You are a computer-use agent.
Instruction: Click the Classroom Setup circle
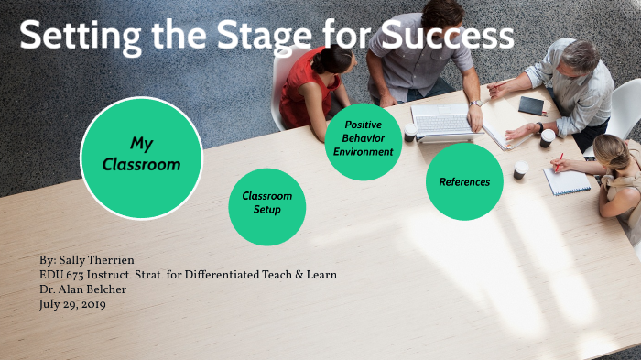(x=266, y=202)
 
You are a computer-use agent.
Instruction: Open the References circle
(x=464, y=181)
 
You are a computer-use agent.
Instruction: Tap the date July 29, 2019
(x=72, y=304)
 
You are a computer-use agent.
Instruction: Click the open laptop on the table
(x=444, y=122)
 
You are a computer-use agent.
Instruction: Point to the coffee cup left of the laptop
(x=410, y=131)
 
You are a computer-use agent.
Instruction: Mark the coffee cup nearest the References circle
(x=520, y=169)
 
